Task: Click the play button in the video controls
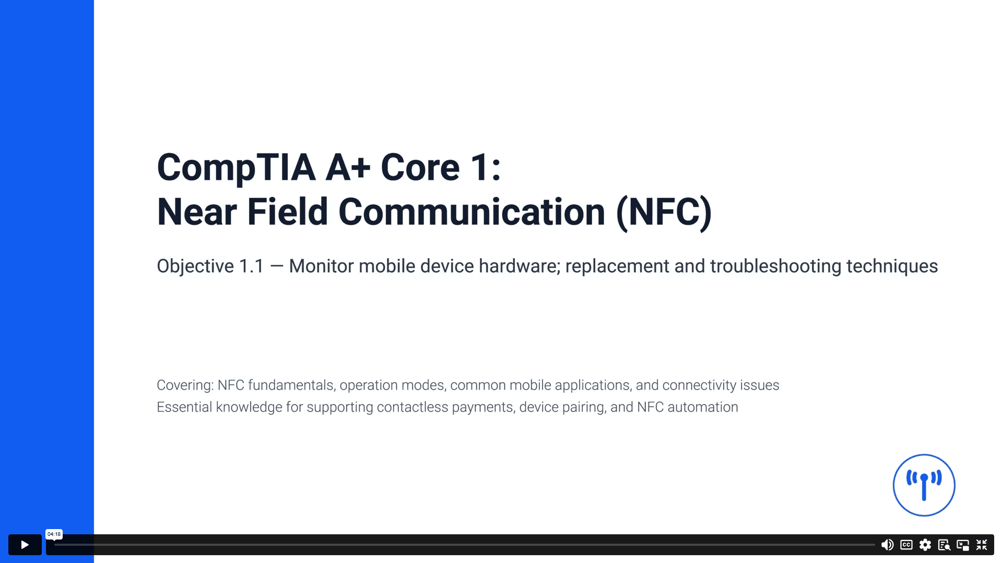25,545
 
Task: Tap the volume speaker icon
887,545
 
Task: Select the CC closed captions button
906,545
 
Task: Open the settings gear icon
925,545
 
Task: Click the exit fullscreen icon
982,545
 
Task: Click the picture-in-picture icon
963,545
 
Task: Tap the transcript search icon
944,545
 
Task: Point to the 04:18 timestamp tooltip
54,534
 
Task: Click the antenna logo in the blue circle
924,485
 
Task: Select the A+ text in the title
348,167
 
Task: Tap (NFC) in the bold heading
664,212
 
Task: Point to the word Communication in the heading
471,212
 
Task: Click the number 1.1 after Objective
251,266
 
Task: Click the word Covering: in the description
185,385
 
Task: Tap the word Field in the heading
287,212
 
